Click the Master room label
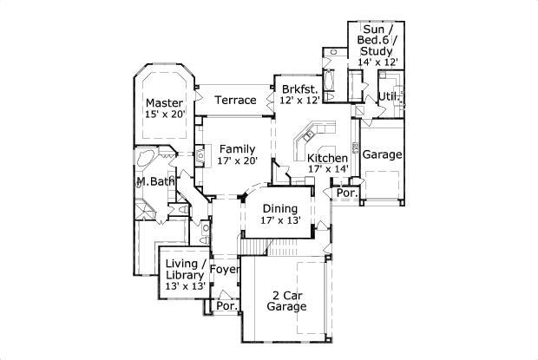(x=164, y=103)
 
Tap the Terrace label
(x=235, y=100)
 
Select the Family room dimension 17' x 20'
(x=238, y=160)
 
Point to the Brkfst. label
(x=300, y=89)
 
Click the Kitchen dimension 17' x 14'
(x=328, y=168)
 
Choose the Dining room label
(x=280, y=209)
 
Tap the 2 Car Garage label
(x=287, y=301)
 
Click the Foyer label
(x=225, y=270)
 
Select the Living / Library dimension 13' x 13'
(x=186, y=286)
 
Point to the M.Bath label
(x=155, y=181)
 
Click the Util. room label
(x=390, y=96)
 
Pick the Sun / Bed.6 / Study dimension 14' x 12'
(x=377, y=62)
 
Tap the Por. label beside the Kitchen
(x=347, y=193)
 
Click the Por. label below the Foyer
(x=227, y=306)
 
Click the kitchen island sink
(x=308, y=135)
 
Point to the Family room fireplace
(x=200, y=155)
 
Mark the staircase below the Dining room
(x=254, y=247)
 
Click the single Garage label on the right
(x=382, y=154)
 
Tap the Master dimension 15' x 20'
(x=165, y=115)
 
